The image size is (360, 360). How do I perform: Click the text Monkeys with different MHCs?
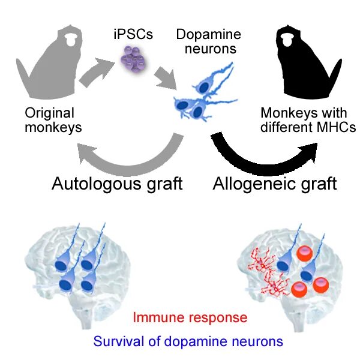(x=308, y=119)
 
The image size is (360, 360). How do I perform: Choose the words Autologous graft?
(x=117, y=182)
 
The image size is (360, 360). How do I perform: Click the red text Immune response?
(x=190, y=317)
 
